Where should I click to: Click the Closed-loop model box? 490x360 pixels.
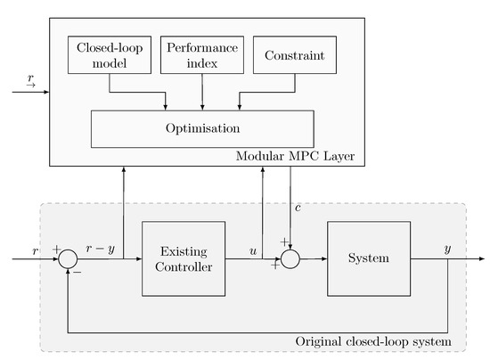click(110, 55)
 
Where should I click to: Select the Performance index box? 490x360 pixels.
click(203, 55)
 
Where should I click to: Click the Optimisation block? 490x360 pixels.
click(203, 128)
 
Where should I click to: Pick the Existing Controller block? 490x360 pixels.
click(183, 259)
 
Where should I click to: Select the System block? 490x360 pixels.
click(369, 259)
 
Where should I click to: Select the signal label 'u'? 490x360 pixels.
click(253, 250)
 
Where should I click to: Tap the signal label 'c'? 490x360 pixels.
click(299, 209)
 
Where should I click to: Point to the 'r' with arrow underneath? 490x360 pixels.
click(31, 80)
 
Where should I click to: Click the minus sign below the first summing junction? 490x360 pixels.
click(78, 274)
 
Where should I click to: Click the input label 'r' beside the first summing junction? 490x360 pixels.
click(35, 250)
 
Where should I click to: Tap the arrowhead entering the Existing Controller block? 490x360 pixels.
click(139, 259)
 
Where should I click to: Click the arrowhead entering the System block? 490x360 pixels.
click(324, 259)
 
